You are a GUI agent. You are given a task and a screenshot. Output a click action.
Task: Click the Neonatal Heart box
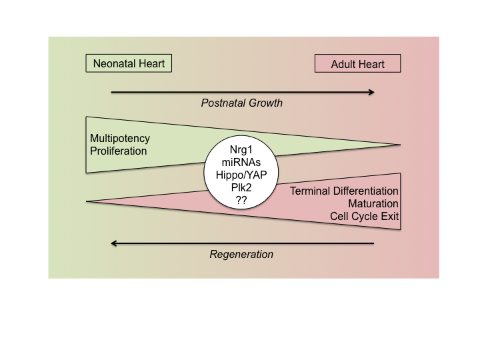[x=129, y=64]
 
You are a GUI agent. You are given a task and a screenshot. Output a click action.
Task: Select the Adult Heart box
[x=359, y=64]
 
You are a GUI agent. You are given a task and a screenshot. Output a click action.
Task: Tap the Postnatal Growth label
[x=242, y=103]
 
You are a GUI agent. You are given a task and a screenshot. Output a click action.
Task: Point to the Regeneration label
[x=241, y=254]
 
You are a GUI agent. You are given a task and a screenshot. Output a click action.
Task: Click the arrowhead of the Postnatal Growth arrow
[x=370, y=91]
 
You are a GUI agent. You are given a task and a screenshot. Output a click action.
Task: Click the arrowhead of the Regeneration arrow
[x=115, y=243]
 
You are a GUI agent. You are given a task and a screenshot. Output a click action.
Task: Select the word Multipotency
[x=120, y=139]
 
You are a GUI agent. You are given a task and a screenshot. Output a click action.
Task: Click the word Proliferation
[x=118, y=151]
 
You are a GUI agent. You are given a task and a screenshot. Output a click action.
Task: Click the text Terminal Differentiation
[x=344, y=191]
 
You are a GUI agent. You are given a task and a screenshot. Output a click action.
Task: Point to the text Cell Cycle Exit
[x=364, y=216]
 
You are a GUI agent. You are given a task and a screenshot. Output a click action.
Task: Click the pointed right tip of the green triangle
[x=398, y=145]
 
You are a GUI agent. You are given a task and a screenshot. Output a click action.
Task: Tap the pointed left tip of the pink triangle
[x=89, y=201]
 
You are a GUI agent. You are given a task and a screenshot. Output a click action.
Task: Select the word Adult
[x=344, y=64]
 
